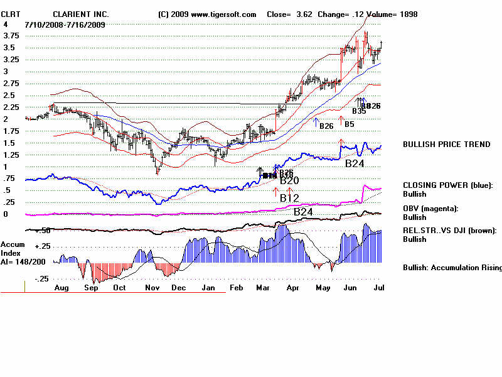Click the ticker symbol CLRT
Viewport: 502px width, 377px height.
tap(11, 14)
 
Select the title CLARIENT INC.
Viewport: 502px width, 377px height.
tap(81, 14)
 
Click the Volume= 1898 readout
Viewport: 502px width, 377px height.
tap(390, 14)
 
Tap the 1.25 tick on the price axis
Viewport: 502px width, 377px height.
tap(9, 155)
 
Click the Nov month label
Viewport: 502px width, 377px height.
tap(152, 288)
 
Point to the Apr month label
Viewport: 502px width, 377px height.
tap(291, 288)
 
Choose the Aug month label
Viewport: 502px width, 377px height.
tap(61, 288)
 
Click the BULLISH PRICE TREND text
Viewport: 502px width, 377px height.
tap(446, 145)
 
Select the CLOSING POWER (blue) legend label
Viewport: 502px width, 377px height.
tap(447, 185)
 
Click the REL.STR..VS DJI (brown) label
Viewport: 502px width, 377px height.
tap(449, 231)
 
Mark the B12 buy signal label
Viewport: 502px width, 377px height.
tap(290, 199)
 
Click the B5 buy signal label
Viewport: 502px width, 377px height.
tap(350, 124)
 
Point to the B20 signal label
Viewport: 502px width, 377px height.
tap(289, 182)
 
